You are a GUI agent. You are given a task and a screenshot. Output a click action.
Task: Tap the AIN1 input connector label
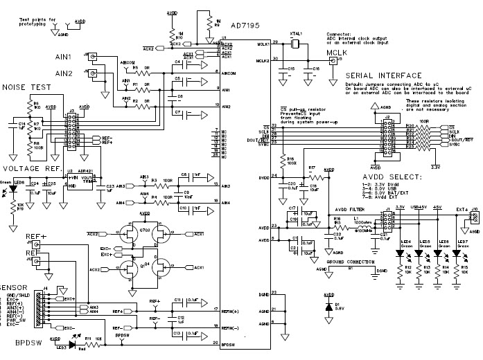(64, 55)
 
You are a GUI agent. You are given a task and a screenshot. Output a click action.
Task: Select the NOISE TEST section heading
(26, 88)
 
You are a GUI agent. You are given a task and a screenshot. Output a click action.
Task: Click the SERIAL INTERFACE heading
(383, 75)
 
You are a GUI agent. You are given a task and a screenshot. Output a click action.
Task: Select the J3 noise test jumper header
(71, 129)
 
